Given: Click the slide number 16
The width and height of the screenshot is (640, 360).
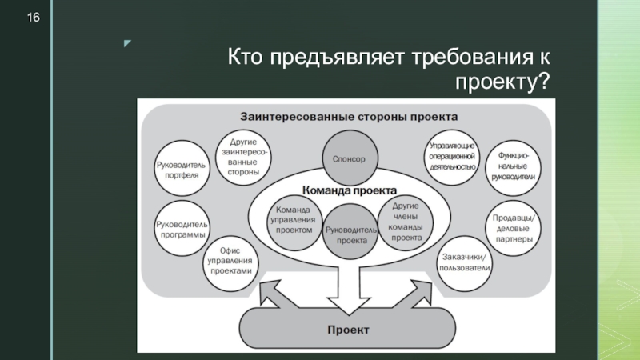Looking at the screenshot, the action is pyautogui.click(x=33, y=18).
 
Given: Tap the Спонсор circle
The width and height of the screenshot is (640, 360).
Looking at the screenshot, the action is pyautogui.click(x=350, y=158).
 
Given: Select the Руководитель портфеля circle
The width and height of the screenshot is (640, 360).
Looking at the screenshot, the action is pyautogui.click(x=182, y=168).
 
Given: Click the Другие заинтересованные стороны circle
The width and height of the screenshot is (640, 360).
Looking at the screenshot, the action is pyautogui.click(x=243, y=158).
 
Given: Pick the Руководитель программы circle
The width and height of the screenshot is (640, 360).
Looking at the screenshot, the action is pyautogui.click(x=182, y=228).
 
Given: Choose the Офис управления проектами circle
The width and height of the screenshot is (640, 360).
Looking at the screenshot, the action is pyautogui.click(x=230, y=263).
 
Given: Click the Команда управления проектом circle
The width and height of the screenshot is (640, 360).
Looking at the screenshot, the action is pyautogui.click(x=294, y=222).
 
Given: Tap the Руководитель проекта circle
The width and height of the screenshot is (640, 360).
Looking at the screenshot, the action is pyautogui.click(x=350, y=232).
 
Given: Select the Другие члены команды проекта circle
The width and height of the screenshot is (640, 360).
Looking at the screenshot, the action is pyautogui.click(x=406, y=222).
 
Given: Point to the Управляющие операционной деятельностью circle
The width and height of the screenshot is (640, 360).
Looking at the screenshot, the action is pyautogui.click(x=452, y=157).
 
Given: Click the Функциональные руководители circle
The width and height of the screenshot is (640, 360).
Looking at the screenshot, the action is pyautogui.click(x=513, y=168).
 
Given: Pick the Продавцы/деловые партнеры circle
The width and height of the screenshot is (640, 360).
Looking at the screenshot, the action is pyautogui.click(x=513, y=228).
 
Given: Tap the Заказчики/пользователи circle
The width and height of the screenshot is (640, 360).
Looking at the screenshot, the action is pyautogui.click(x=465, y=263).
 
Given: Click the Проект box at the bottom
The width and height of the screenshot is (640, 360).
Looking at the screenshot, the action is pyautogui.click(x=347, y=328).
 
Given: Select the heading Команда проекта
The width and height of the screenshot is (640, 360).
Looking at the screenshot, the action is pyautogui.click(x=350, y=190).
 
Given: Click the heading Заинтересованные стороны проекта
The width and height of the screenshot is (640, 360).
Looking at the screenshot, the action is pyautogui.click(x=349, y=117).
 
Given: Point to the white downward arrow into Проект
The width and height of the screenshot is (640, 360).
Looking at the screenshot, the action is pyautogui.click(x=349, y=290).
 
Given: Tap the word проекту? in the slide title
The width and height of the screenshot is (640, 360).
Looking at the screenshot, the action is pyautogui.click(x=502, y=82).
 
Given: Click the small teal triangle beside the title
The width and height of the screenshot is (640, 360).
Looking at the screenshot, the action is pyautogui.click(x=127, y=43).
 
